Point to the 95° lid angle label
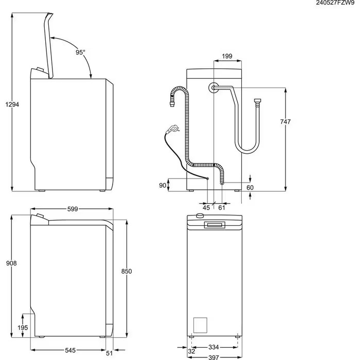point(80,52)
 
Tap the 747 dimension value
point(285,122)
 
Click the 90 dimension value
point(163,185)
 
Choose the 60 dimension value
point(250,188)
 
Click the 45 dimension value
point(206,207)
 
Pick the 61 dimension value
point(222,207)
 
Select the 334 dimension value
point(213,347)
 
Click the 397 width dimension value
point(213,356)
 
